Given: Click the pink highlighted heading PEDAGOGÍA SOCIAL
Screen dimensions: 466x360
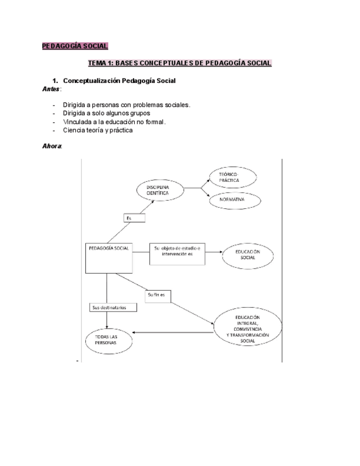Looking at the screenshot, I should pyautogui.click(x=75, y=46).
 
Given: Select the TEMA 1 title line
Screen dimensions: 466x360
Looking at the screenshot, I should pyautogui.click(x=180, y=63).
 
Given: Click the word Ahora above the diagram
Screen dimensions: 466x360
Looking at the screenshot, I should pyautogui.click(x=52, y=147).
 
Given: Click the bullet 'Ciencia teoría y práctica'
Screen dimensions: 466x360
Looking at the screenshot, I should pyautogui.click(x=98, y=130).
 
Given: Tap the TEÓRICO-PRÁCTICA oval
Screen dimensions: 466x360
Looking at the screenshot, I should pyautogui.click(x=232, y=176).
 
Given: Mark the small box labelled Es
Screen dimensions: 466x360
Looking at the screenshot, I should pyautogui.click(x=134, y=218).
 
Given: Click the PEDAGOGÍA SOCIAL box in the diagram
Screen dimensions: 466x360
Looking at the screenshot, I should pyautogui.click(x=108, y=257).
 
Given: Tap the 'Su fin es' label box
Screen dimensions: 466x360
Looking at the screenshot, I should pyautogui.click(x=158, y=296).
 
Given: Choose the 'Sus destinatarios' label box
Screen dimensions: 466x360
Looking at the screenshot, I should pyautogui.click(x=112, y=308).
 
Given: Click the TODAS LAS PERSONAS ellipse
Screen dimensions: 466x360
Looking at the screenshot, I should pyautogui.click(x=109, y=339).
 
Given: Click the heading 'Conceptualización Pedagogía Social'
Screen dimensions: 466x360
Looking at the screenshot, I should pyautogui.click(x=119, y=81).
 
